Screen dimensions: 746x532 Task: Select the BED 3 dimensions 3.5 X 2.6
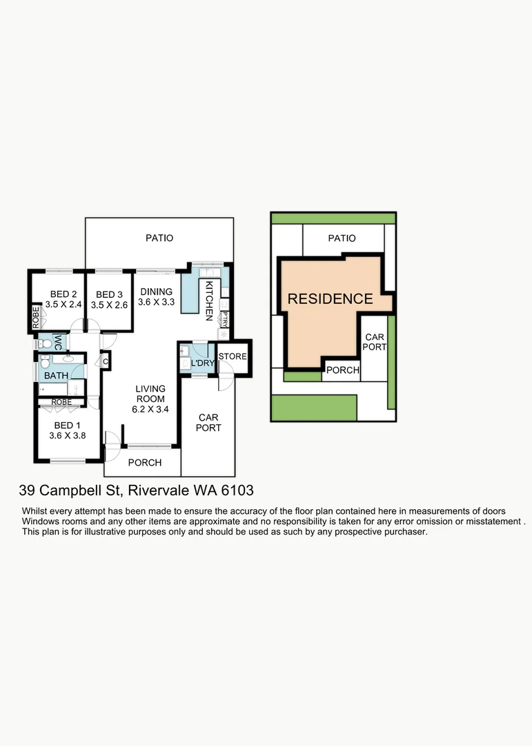[109, 305]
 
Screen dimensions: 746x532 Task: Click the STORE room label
[233, 356]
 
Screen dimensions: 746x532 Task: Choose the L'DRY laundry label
[201, 363]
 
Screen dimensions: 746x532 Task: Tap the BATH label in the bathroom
[56, 376]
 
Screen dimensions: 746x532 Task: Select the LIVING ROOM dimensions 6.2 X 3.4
[150, 409]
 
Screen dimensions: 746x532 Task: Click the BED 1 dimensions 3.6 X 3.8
[66, 436]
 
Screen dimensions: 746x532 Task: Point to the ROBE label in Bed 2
[36, 316]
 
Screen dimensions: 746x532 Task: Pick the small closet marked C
[106, 361]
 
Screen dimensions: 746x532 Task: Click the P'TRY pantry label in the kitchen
[225, 318]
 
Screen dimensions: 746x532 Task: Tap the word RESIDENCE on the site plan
[330, 299]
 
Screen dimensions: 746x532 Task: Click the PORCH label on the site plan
[342, 371]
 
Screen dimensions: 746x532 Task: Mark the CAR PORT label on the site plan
[375, 342]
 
